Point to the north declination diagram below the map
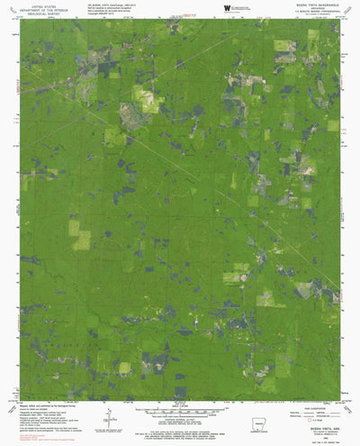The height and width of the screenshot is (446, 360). [108, 412]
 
